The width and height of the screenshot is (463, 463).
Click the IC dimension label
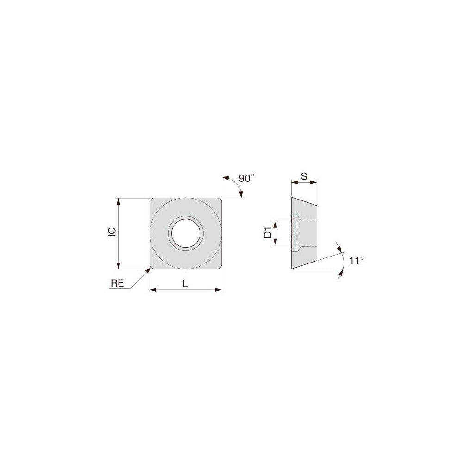(x=112, y=233)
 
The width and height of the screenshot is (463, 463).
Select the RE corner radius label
(x=117, y=284)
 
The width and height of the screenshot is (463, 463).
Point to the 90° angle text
(x=246, y=178)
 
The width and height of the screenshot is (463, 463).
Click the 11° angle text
(x=356, y=261)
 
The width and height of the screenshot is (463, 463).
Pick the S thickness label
(x=304, y=176)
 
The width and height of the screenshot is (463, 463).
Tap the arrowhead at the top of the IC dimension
(x=119, y=201)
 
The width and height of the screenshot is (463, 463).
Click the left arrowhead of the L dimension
(x=152, y=290)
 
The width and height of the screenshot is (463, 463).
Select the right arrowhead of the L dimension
(x=219, y=290)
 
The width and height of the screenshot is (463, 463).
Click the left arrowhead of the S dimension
(x=294, y=183)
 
